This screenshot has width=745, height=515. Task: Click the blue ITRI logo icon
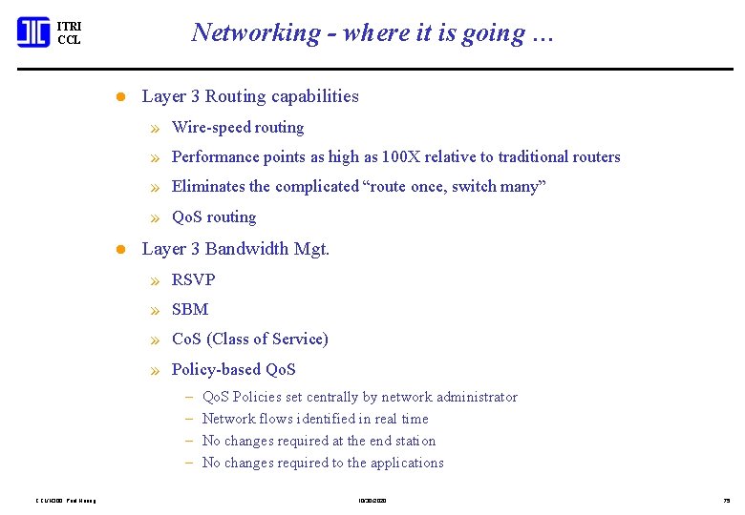tap(32, 32)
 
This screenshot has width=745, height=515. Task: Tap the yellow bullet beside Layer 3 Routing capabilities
tap(120, 97)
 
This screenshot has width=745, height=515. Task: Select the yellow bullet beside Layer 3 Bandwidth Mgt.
tap(120, 250)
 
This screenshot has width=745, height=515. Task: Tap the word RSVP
tap(193, 280)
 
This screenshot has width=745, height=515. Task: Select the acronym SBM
tap(190, 310)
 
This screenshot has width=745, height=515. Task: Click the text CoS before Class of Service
tap(185, 340)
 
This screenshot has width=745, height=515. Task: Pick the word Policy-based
tap(216, 370)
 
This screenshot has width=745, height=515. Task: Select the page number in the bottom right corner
tap(727, 500)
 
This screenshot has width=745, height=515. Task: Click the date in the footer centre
tap(372, 500)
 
